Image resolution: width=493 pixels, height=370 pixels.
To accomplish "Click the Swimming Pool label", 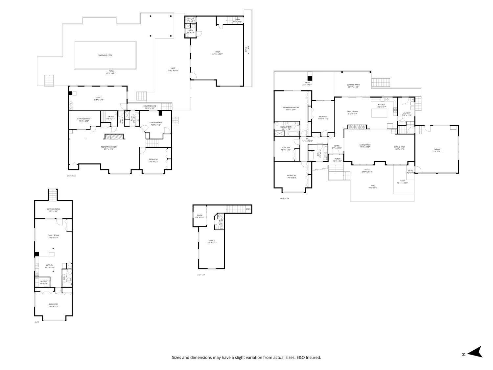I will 105,55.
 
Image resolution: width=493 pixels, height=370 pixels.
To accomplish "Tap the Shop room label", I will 218,52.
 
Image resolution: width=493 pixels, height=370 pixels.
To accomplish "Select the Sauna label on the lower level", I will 111,116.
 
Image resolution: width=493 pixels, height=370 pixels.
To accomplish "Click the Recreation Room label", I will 108,147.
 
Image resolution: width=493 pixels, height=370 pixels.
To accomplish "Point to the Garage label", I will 437,149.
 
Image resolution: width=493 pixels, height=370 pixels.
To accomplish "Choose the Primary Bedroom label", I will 291,108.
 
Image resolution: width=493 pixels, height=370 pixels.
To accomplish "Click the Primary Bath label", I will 286,127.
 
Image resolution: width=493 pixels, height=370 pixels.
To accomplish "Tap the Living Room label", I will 365,145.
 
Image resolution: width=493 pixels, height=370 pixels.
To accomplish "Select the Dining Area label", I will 399,147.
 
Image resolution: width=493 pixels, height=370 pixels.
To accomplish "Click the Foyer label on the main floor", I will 337,146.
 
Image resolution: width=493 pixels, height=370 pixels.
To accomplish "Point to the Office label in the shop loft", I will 212,240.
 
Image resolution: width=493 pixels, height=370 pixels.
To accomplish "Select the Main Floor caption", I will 285,199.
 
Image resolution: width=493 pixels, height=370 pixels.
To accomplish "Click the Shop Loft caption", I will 201,275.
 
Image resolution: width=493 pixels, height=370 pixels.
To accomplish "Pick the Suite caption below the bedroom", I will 37,322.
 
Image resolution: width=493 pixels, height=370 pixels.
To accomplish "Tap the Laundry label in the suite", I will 43,281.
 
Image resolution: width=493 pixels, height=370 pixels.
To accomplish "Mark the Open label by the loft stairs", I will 248,209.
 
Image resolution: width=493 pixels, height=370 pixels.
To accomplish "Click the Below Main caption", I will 71,176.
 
